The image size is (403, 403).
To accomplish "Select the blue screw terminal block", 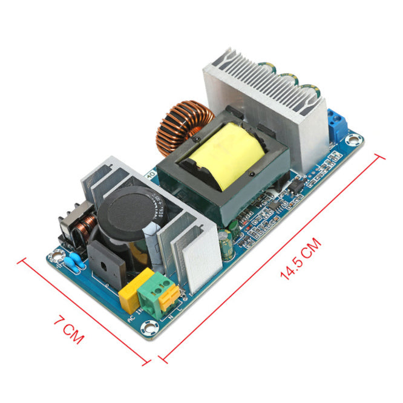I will tap(338, 123).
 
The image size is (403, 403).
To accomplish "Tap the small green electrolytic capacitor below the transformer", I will tap(226, 248).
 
